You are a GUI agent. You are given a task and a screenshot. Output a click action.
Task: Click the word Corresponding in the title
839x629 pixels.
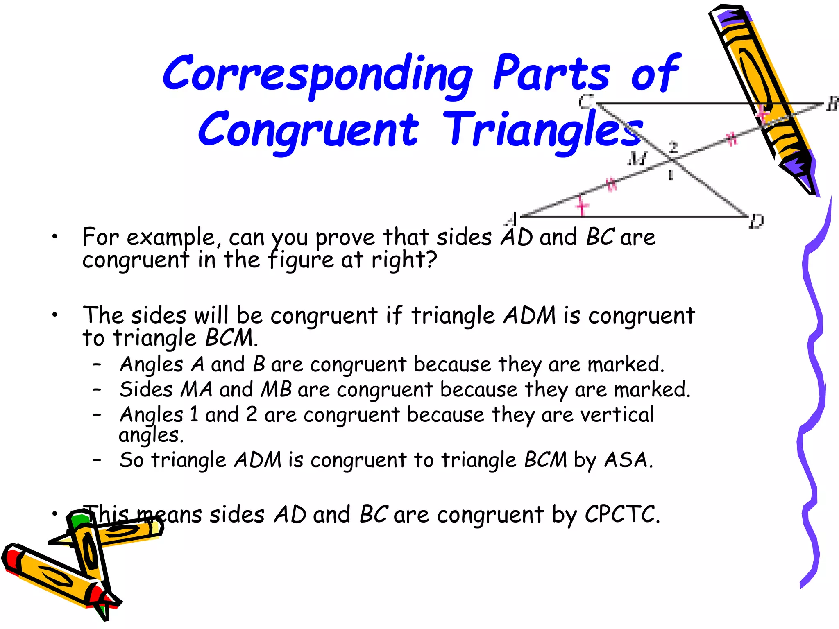click(x=317, y=74)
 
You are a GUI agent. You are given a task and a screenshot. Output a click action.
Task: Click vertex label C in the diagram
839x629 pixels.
click(x=586, y=101)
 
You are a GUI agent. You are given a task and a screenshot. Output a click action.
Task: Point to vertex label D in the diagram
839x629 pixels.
click(x=756, y=222)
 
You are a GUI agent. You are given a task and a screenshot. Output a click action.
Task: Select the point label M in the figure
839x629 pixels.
click(x=637, y=158)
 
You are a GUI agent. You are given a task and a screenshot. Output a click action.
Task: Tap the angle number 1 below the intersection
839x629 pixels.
click(x=671, y=175)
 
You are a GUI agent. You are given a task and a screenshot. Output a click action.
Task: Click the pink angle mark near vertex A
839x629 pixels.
click(x=582, y=205)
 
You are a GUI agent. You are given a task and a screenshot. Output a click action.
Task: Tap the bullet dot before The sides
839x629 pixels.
click(x=54, y=315)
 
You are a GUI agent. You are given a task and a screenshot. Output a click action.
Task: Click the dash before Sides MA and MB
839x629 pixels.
click(x=97, y=389)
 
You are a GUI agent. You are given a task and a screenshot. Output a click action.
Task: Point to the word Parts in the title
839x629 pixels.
click(x=551, y=74)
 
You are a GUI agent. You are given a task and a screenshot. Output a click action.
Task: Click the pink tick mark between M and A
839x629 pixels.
click(x=611, y=184)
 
